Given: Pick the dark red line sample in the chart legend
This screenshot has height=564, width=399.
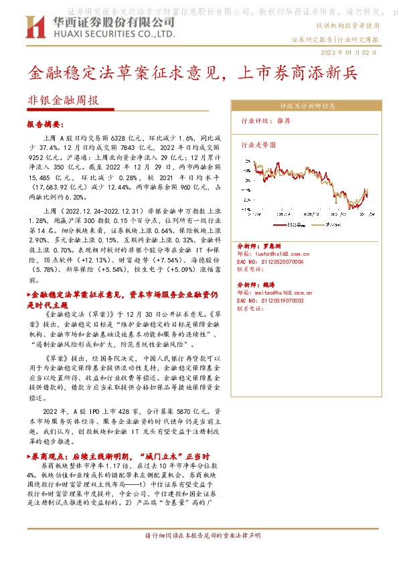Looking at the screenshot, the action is (x=279, y=225).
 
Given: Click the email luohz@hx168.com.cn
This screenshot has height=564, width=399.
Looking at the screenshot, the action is (x=274, y=255).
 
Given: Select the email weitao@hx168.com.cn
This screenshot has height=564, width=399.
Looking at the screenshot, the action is (x=274, y=293).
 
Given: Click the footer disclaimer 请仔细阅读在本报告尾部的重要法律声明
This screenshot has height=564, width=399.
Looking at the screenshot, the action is (x=199, y=536).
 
